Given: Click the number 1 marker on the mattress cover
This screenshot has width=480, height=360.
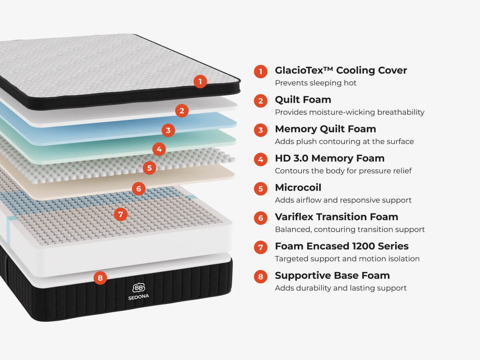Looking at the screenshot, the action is (200, 82).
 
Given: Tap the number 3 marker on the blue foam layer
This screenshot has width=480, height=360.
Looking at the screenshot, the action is (168, 130).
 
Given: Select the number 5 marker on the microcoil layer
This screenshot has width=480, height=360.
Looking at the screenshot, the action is (149, 168).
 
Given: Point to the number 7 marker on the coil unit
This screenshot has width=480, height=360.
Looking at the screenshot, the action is (120, 214).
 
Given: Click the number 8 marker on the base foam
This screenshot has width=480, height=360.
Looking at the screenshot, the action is (100, 278).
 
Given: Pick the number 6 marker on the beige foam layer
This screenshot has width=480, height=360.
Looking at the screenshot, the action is (139, 188).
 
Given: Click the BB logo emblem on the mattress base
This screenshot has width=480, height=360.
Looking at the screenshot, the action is (139, 288).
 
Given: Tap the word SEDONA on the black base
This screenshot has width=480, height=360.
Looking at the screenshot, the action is (139, 297).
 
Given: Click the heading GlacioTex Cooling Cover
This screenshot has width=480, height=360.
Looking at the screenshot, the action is (341, 70).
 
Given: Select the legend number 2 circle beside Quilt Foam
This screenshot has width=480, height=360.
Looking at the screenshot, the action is (260, 101).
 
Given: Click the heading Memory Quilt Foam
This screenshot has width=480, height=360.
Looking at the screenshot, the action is (325, 129).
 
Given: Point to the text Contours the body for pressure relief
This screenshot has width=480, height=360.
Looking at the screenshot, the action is (343, 171).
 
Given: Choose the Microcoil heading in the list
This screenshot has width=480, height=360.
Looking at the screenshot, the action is (298, 188).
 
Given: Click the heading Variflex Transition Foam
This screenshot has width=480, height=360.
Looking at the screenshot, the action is (336, 217).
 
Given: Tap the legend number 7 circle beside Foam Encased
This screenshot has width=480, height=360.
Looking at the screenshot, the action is (260, 247).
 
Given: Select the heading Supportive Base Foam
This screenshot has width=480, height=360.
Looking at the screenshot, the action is (332, 276).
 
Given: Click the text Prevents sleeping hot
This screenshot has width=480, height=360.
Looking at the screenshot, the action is (316, 83).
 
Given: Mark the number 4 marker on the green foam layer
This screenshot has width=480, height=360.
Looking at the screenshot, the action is (159, 149).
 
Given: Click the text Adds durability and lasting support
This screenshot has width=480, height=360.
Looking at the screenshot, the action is (341, 288).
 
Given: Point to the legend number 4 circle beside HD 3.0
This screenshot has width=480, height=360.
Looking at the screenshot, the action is (260, 160).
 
